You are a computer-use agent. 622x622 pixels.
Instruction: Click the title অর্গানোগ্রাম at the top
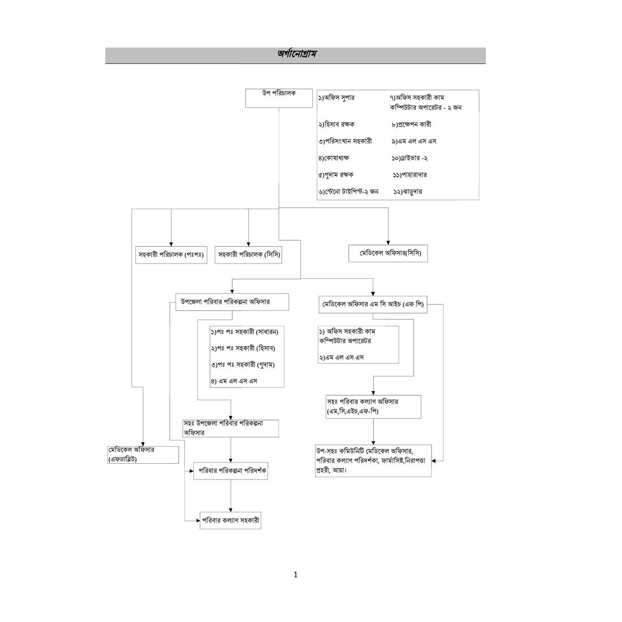[x=296, y=54]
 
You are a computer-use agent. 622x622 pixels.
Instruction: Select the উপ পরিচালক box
[x=279, y=98]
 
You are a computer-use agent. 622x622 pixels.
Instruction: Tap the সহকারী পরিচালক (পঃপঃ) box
[x=171, y=255]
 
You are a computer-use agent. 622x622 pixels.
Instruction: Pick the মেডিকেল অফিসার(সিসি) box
[x=388, y=254]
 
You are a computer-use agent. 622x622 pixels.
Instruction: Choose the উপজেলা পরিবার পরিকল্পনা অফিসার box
[x=232, y=302]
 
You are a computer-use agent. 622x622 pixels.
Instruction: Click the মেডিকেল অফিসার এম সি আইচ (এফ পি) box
[x=373, y=305]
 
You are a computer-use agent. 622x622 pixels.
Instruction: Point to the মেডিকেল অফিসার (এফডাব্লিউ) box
[x=143, y=454]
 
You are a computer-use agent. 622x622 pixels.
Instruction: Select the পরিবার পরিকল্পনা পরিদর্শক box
[x=231, y=471]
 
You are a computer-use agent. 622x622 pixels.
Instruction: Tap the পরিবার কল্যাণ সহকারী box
[x=230, y=520]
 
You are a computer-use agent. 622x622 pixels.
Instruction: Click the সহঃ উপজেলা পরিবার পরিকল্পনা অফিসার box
[x=231, y=427]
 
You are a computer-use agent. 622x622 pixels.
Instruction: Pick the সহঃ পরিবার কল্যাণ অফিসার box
[x=373, y=407]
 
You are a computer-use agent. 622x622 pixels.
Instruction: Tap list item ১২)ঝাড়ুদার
[x=408, y=192]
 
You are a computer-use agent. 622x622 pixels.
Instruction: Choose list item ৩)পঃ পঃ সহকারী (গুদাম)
[x=243, y=365]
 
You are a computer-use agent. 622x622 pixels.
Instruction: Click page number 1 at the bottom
[x=295, y=575]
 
